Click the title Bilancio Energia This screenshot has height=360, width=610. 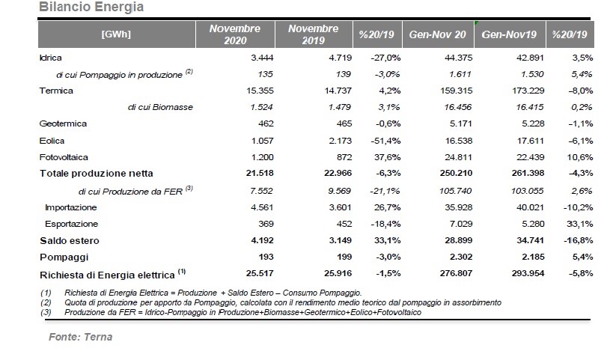pos(91,7)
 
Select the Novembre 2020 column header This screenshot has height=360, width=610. pos(235,34)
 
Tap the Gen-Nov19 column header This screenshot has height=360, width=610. pos(509,34)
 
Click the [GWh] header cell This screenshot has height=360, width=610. pos(116,34)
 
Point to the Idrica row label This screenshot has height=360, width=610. pos(51,58)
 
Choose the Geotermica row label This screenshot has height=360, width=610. pos(63,123)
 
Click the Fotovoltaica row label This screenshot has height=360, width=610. pos(64,157)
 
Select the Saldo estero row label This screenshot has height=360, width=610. pos(70,241)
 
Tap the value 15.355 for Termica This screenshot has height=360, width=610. pos(260,91)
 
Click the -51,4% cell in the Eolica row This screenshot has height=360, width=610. pos(385,141)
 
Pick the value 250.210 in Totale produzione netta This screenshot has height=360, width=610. pos(456,173)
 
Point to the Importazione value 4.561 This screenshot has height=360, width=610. pos(262,207)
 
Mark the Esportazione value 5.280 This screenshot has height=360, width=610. pos(533,224)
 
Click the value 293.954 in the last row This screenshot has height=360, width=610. pos(528,273)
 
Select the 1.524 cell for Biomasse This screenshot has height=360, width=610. pos(261,107)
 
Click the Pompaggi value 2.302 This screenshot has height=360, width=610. pos(459,257)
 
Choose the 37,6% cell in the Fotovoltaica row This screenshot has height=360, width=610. pos(388,157)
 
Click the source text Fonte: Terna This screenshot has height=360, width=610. pos(81,337)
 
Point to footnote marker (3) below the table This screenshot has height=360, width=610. pos(46,312)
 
